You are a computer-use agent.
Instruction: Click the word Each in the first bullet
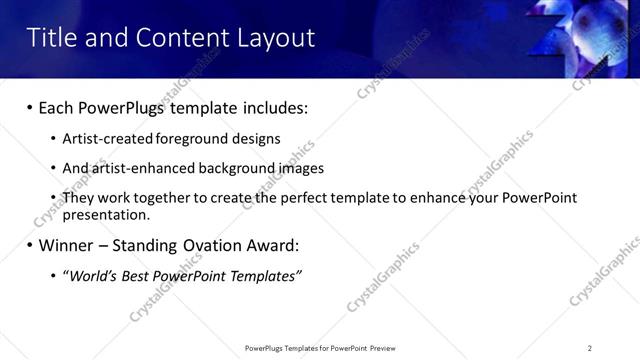(57, 107)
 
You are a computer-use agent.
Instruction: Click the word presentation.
(104, 214)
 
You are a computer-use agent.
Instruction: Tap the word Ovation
(200, 245)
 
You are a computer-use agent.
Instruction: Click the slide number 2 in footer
(590, 348)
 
